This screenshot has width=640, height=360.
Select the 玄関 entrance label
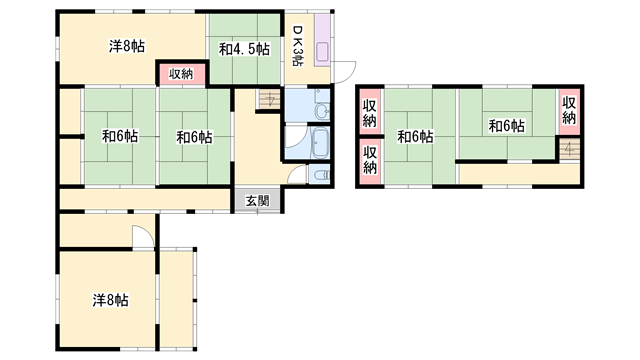pyautogui.click(x=257, y=201)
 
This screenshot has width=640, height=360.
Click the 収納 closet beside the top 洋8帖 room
pyautogui.click(x=181, y=73)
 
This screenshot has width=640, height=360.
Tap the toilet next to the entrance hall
pyautogui.click(x=319, y=174)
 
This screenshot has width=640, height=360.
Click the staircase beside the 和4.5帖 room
pyautogui.click(x=268, y=100)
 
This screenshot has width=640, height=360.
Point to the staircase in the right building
pyautogui.click(x=569, y=149)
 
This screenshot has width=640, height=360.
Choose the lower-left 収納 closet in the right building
pyautogui.click(x=370, y=160)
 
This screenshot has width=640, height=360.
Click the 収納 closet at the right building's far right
pyautogui.click(x=569, y=109)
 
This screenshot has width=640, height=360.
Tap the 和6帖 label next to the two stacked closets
pyautogui.click(x=414, y=137)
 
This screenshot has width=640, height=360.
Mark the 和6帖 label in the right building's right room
pyautogui.click(x=506, y=125)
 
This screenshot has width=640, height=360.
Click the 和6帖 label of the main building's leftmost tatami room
pyautogui.click(x=119, y=136)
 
